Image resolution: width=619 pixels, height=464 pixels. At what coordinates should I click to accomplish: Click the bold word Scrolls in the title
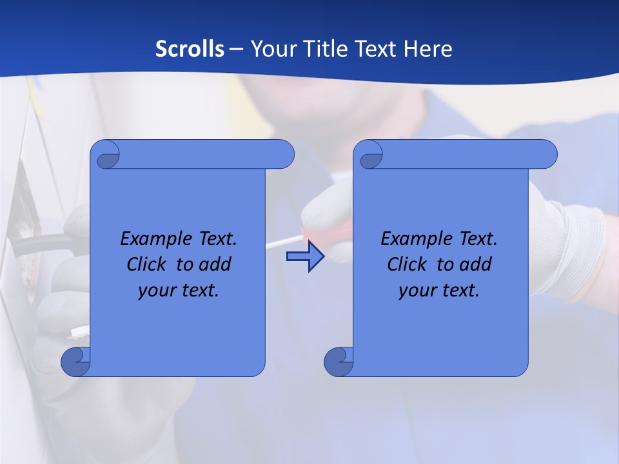tap(190, 49)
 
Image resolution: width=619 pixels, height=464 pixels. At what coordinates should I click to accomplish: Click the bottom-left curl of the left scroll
tap(75, 362)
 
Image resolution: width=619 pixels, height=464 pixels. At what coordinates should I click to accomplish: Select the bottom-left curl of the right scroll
tap(339, 362)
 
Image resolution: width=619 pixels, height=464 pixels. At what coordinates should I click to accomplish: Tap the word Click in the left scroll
tap(146, 264)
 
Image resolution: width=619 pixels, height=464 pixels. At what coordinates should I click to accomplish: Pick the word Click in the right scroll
tap(406, 264)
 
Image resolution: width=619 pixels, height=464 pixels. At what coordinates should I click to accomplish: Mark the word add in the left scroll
tap(215, 264)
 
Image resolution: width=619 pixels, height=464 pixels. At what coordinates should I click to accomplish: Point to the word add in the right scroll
tap(475, 264)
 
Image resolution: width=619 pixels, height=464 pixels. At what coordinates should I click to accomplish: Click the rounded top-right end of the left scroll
tap(284, 154)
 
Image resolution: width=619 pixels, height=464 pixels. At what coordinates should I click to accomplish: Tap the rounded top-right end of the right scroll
tap(547, 154)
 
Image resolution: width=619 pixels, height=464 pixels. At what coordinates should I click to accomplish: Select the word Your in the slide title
tap(271, 49)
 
